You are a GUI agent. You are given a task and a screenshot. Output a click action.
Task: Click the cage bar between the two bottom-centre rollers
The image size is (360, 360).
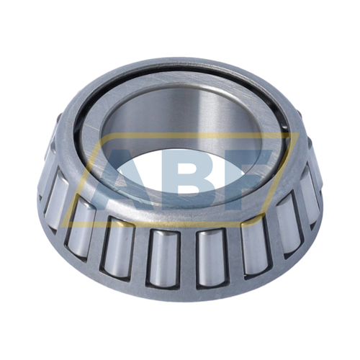(x=186, y=259)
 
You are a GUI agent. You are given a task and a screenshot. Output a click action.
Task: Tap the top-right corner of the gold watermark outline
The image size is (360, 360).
(x=299, y=132)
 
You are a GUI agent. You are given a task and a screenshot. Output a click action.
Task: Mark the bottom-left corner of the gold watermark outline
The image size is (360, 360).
(x=61, y=227)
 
